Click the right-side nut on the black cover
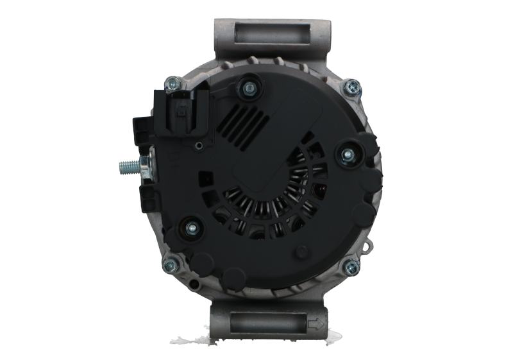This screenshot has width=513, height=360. (x=347, y=154)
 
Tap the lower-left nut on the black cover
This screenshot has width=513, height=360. (x=191, y=227)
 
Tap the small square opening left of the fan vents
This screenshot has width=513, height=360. (x=207, y=176)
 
